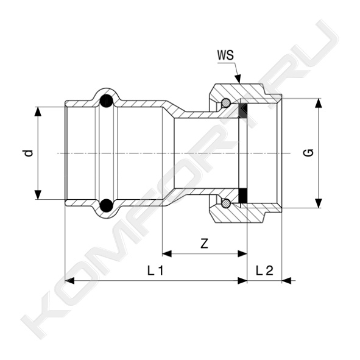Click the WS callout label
[226, 55]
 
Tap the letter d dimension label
[29, 153]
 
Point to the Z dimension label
[204, 244]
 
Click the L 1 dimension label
[155, 270]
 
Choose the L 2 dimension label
[264, 270]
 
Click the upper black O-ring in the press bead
[107, 101]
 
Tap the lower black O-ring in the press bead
[107, 205]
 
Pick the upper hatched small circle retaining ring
[226, 103]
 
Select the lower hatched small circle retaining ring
[226, 203]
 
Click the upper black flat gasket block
[243, 111]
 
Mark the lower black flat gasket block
[243, 196]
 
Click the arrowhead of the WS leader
[238, 79]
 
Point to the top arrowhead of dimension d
[38, 111]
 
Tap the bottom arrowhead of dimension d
[38, 195]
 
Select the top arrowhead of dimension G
[318, 103]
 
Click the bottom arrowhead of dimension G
[318, 203]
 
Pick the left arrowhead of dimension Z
[167, 254]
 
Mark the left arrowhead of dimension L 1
[70, 281]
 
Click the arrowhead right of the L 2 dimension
[286, 281]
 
